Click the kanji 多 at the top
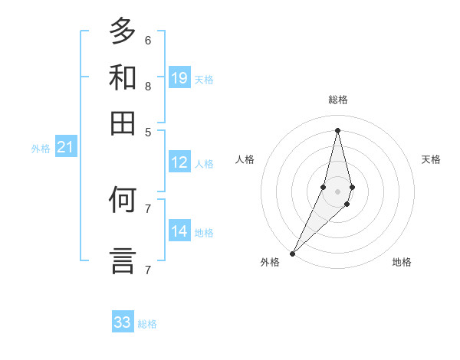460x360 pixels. coord(123,32)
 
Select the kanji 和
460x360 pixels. coord(123,77)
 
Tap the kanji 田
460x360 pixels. coord(123,123)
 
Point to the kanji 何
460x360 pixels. coord(123,200)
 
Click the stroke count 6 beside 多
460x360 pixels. coord(147,40)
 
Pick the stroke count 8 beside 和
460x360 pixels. coord(147,86)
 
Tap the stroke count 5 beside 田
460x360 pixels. coord(147,131)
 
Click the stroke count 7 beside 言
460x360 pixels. coord(147,270)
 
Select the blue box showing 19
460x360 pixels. coord(179,77)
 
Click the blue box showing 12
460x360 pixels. coord(179,162)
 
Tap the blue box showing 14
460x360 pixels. coord(179,231)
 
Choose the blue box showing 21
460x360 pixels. coord(65,147)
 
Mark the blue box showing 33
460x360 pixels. coord(123,322)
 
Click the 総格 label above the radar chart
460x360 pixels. coord(337,100)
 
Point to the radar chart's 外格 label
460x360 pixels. coord(270,262)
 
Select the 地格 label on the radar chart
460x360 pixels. coord(402,262)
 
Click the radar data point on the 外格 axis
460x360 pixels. coord(292,253)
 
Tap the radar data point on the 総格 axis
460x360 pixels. coord(337,130)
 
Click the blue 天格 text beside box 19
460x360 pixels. coord(204,79)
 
